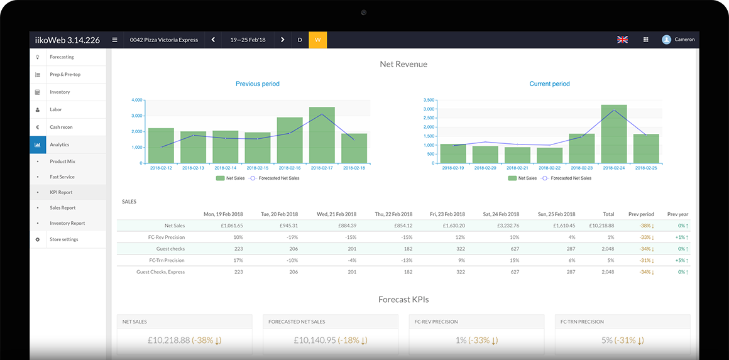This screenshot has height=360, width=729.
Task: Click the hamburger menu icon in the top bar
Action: click(x=114, y=40)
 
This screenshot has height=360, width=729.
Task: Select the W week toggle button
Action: click(x=317, y=40)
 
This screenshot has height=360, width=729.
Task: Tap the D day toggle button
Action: click(x=300, y=40)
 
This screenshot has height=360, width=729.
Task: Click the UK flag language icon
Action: click(x=622, y=40)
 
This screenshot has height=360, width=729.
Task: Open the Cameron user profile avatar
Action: click(x=666, y=40)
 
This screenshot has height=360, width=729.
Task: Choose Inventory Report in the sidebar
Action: click(x=67, y=223)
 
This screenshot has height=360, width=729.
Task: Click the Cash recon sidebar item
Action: click(x=61, y=127)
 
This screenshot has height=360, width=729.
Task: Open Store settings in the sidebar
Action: click(x=64, y=239)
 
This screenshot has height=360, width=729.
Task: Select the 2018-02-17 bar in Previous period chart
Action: click(x=322, y=135)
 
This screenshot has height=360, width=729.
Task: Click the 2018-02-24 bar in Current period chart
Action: click(x=613, y=134)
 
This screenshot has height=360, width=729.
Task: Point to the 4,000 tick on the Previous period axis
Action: click(x=137, y=101)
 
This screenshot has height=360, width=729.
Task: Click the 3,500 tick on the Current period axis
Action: click(x=429, y=101)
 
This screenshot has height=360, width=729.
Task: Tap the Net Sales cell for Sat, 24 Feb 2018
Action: click(x=506, y=226)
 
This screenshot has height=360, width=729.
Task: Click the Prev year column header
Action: click(x=677, y=214)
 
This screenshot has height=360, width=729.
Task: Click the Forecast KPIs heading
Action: click(x=403, y=300)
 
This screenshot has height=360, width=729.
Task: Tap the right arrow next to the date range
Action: click(x=282, y=40)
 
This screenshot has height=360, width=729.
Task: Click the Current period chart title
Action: click(x=549, y=84)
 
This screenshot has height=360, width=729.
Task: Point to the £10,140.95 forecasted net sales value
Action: click(x=315, y=340)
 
